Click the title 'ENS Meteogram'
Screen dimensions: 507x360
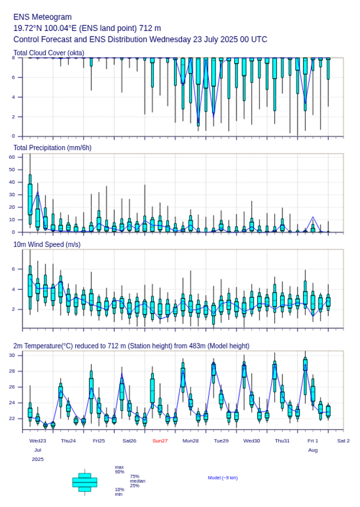point(42,17)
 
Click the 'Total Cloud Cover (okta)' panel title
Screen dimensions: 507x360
point(49,53)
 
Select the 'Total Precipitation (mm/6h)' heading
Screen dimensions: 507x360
point(53,148)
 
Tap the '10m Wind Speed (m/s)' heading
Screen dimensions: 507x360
point(47,245)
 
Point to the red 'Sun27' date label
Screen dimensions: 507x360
point(160,441)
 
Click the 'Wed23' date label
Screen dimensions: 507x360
point(38,441)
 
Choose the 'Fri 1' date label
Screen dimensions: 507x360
point(313,441)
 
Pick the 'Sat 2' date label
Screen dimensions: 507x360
point(343,441)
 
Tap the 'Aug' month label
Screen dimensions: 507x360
point(313,450)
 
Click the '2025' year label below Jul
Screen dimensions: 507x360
point(38,459)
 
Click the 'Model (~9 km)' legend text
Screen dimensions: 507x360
point(223,478)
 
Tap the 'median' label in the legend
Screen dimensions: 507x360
point(137,481)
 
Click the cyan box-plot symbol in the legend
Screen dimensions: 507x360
point(85,482)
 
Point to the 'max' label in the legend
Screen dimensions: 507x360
point(119,468)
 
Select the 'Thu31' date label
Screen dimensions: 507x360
point(282,441)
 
